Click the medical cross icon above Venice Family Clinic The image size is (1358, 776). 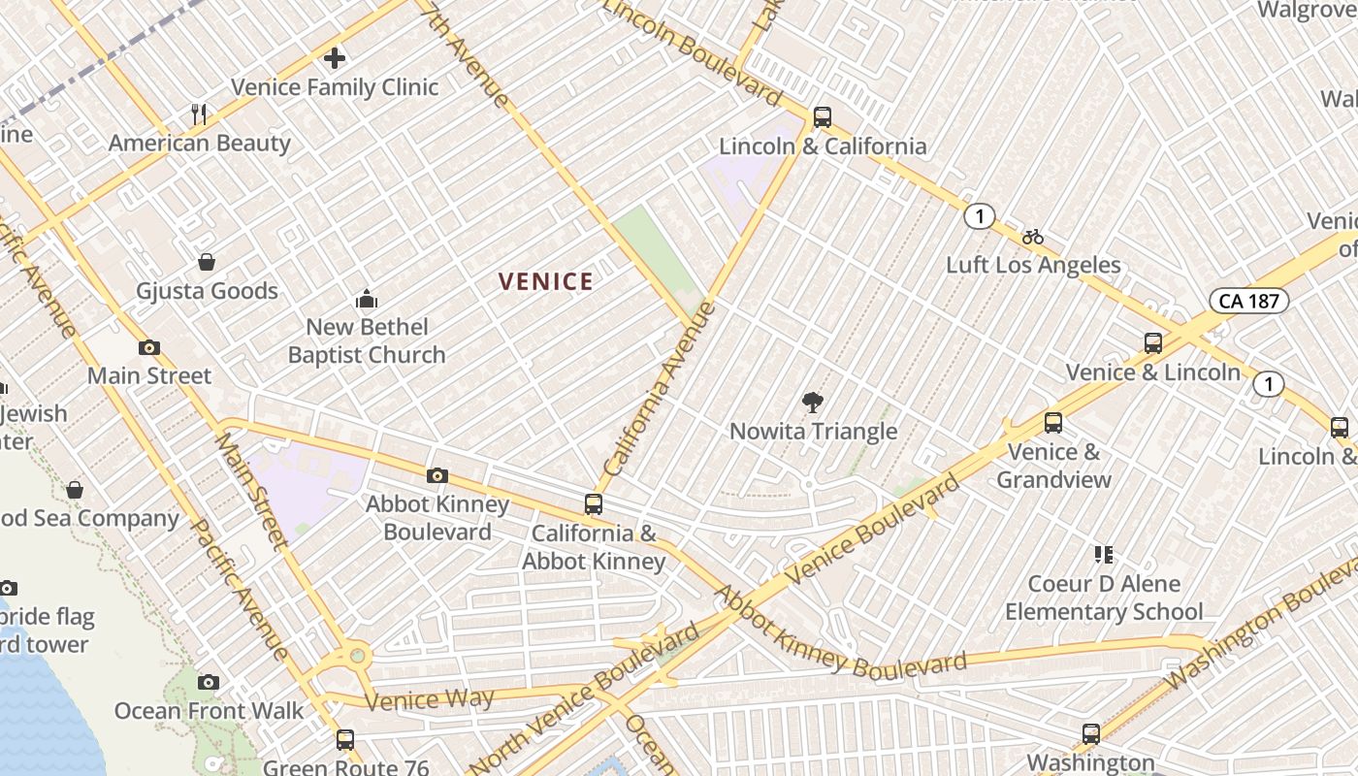pos(335,58)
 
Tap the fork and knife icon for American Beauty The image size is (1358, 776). pos(199,114)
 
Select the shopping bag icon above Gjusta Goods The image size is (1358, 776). pos(207,262)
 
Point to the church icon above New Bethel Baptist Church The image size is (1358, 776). pos(366,298)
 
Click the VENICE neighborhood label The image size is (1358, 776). pos(545,282)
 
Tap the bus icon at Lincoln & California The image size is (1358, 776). pos(822,117)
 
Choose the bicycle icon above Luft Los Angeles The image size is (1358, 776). pos(1033,237)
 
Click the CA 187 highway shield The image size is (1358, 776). pos(1248,301)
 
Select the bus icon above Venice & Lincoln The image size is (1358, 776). pos(1152,343)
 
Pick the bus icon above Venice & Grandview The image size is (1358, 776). pos(1053,423)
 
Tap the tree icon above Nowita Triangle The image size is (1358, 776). pos(812,403)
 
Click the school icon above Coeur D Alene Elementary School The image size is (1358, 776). pos(1103,555)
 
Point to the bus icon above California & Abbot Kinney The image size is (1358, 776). pos(593,504)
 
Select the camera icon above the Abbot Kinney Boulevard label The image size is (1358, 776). pos(437,475)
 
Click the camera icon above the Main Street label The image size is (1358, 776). pos(148,347)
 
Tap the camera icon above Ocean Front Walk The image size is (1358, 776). pos(209,682)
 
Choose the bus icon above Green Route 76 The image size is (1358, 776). pos(344,740)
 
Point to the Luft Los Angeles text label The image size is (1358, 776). pos(1033,265)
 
